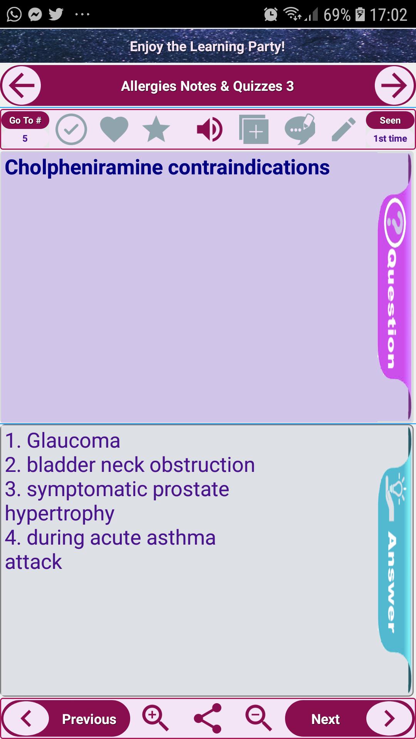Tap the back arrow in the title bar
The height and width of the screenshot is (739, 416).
point(21,85)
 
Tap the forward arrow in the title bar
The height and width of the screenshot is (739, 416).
point(394,85)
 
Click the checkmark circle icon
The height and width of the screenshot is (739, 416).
point(71,129)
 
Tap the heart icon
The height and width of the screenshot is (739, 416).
point(114,129)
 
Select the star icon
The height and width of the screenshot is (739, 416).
point(156,129)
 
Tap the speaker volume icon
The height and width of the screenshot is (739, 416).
point(209,129)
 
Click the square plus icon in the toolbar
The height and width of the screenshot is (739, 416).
point(254,129)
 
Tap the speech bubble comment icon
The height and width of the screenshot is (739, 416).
point(300,129)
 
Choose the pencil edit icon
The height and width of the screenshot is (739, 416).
point(344,130)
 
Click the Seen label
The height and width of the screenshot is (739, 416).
point(390,120)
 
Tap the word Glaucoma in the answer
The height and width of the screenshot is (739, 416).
point(74,441)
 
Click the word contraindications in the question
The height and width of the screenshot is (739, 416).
point(249,167)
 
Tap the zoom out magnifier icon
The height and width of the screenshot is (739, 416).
point(259,718)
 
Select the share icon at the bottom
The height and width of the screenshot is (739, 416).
point(208,718)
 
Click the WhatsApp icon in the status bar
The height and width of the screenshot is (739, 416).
point(14,15)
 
